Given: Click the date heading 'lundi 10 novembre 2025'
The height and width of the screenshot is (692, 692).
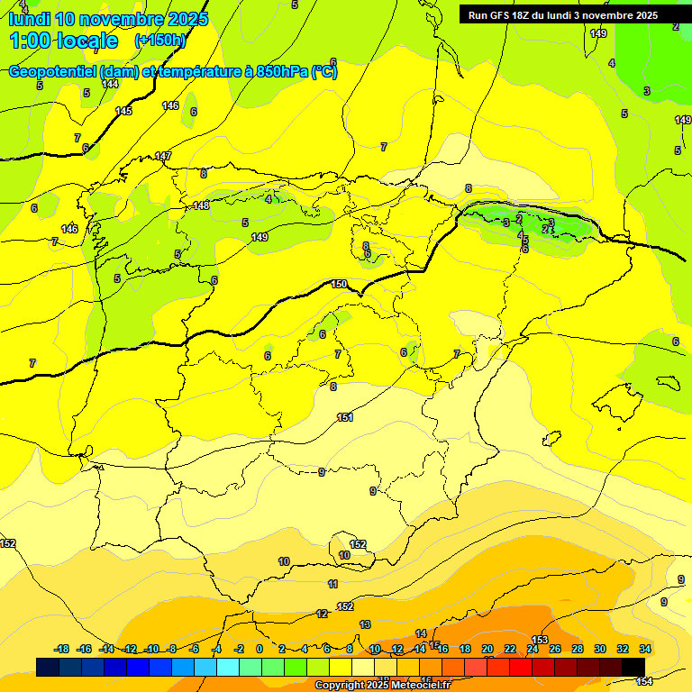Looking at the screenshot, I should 108,19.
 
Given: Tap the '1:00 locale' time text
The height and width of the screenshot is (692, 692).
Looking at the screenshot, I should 64,41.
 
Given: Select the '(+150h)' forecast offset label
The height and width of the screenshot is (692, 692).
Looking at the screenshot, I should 160,41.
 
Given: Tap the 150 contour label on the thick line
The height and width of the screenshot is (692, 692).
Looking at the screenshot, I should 339,284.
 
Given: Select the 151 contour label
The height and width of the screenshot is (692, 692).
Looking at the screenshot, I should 344,417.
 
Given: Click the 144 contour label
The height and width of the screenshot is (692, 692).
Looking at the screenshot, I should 110,84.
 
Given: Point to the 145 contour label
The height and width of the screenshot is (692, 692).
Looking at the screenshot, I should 123,111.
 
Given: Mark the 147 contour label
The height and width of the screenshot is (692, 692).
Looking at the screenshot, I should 163,156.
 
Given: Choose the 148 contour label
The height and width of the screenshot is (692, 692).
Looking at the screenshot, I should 201,205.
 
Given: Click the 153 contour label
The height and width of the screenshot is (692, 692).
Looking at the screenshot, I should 540,640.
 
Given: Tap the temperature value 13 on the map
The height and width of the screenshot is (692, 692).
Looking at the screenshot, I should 365,624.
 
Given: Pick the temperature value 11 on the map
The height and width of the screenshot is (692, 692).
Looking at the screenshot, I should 333,584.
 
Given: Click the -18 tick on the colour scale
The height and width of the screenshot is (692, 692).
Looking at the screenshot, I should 62,649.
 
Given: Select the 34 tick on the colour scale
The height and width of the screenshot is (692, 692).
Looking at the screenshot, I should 645,649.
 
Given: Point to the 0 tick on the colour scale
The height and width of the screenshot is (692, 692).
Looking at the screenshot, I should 259,649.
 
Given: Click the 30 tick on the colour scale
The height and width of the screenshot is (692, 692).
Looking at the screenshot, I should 600,649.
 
